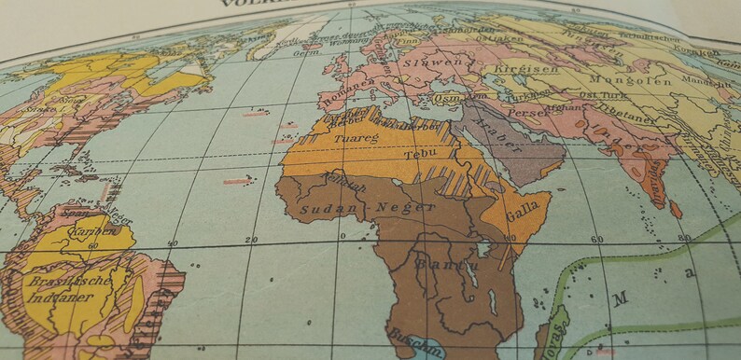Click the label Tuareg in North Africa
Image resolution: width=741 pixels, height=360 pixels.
click(x=349, y=138)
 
